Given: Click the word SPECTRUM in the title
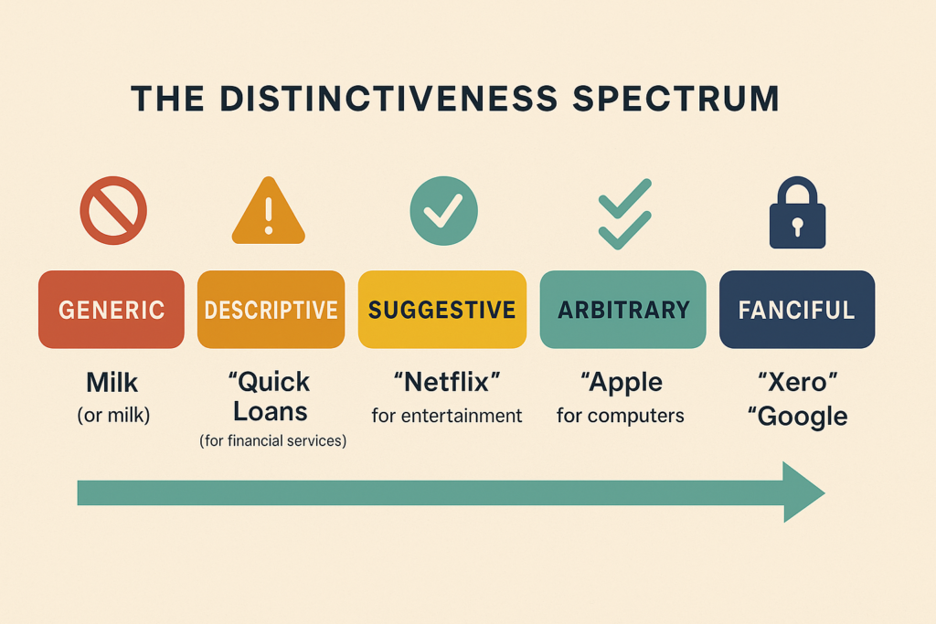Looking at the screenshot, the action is [x=675, y=99].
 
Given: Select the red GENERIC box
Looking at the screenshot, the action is [x=112, y=310].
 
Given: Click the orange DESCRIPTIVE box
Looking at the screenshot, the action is [x=271, y=310].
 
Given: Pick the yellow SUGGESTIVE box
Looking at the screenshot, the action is [x=442, y=310].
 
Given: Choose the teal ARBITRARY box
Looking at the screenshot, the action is [x=623, y=310].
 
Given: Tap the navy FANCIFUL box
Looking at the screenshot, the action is [x=797, y=310].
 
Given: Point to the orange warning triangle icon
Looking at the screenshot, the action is [x=269, y=210].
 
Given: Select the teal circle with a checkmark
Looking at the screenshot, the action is [x=443, y=210].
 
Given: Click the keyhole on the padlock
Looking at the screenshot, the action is [x=797, y=227].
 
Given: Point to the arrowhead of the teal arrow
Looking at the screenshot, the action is [x=803, y=492].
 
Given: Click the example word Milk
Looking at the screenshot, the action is [x=112, y=383].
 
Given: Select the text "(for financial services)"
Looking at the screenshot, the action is [x=272, y=441].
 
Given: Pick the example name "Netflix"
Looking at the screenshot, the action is [x=447, y=383].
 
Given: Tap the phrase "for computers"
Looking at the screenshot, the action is [x=621, y=416].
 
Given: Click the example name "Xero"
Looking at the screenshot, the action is [x=797, y=383].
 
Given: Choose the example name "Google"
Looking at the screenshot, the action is [x=797, y=417].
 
